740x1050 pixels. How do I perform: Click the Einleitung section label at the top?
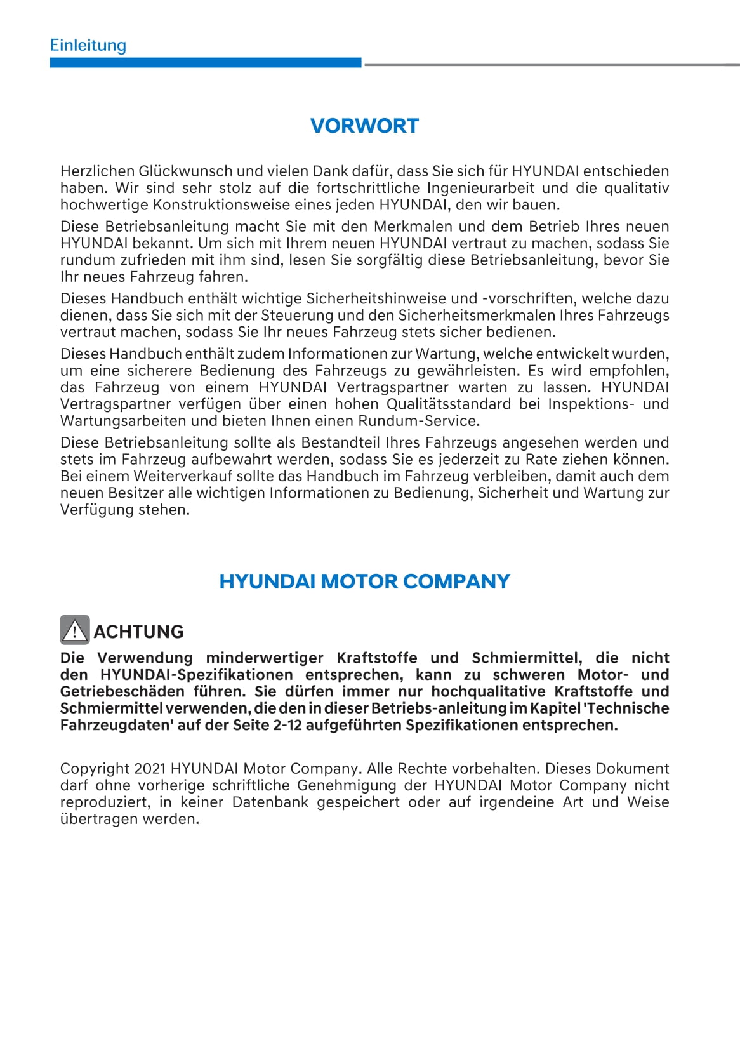pos(88,45)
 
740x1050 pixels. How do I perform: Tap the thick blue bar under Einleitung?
pos(206,63)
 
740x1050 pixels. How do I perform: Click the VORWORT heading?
pos(364,126)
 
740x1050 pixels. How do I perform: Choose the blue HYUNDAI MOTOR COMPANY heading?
pos(364,581)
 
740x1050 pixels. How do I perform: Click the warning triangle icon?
pos(75,630)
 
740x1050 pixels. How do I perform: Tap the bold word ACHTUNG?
pos(138,632)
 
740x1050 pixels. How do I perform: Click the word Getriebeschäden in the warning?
pos(114,692)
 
